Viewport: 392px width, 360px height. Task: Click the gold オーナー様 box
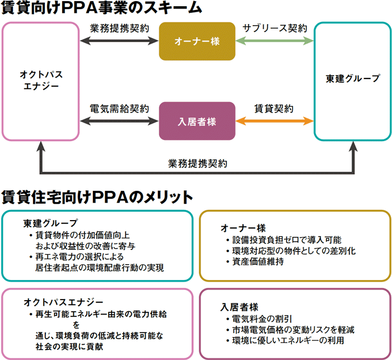click(x=197, y=41)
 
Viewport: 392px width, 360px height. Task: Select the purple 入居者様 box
click(x=197, y=120)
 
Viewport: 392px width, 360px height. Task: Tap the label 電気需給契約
click(x=119, y=107)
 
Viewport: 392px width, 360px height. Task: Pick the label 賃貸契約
click(x=274, y=107)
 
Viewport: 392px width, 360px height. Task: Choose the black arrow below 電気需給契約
click(x=119, y=120)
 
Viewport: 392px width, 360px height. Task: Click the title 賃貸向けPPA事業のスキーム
click(x=101, y=9)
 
